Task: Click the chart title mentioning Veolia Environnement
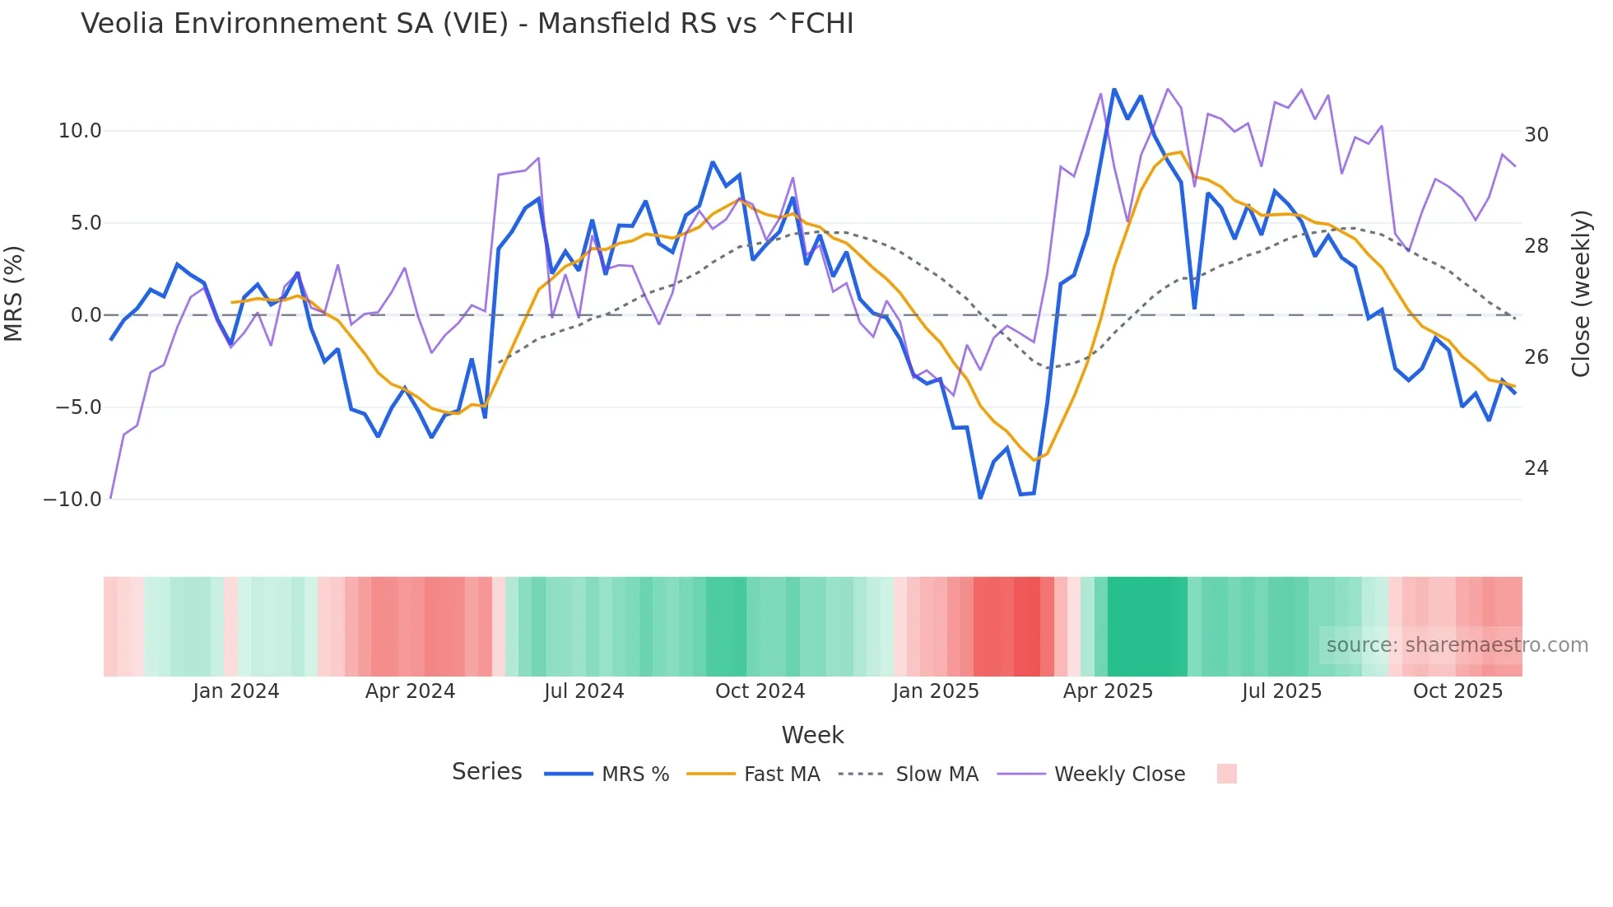coord(467,24)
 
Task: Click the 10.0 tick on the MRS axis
coord(80,131)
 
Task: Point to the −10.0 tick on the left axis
coord(72,500)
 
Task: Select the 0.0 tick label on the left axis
coord(86,315)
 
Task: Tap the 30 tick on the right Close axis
coord(1536,135)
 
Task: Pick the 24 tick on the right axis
coord(1536,468)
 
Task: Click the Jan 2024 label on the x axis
coord(236,691)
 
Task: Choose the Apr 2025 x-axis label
coord(1108,691)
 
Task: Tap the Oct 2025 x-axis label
coord(1457,691)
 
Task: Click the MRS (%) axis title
coord(14,293)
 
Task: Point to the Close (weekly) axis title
coord(1580,294)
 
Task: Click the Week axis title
coord(812,735)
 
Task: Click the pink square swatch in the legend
coord(1226,774)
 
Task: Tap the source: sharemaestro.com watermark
coord(1457,645)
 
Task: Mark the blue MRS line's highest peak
coord(1114,90)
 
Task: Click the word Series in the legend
coord(486,772)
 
